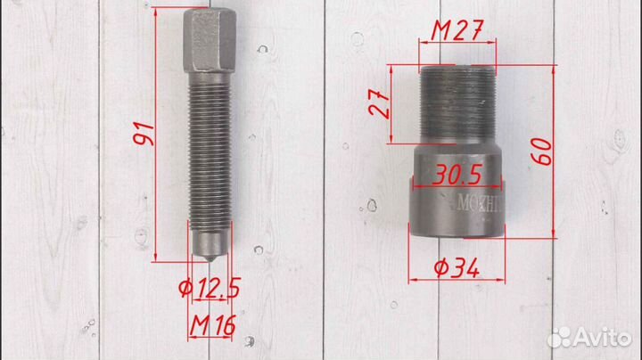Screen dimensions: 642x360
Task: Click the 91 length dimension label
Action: tap(144, 134)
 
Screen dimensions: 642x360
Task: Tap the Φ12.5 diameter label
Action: tap(210, 288)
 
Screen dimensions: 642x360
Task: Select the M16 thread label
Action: tap(213, 325)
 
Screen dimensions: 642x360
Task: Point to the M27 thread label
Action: tap(457, 30)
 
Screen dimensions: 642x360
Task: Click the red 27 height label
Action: tap(380, 103)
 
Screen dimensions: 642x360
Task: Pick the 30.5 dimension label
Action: tap(457, 175)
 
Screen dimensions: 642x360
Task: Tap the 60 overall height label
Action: tap(542, 151)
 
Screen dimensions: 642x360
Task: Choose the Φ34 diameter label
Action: tap(457, 269)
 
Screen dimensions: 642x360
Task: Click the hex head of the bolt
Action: tap(210, 40)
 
